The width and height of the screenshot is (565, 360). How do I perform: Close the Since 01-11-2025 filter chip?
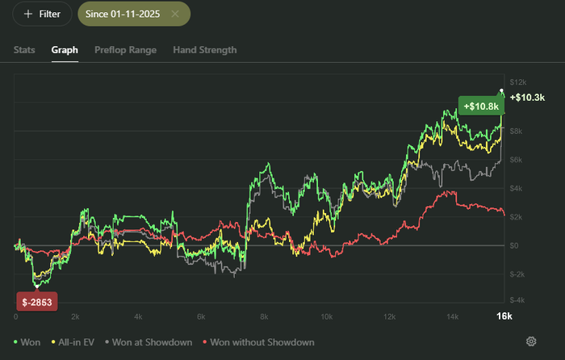(x=175, y=14)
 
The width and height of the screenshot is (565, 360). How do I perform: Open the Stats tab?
(x=24, y=50)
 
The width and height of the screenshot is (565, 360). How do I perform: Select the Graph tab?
(x=65, y=50)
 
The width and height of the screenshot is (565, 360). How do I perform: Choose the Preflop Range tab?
(x=125, y=50)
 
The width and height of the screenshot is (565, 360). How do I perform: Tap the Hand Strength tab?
(x=205, y=50)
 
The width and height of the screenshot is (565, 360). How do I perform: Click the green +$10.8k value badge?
(x=482, y=106)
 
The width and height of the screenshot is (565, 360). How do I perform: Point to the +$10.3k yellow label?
(x=526, y=97)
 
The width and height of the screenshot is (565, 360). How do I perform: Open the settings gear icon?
(x=531, y=342)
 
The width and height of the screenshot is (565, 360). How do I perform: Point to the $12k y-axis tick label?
(x=518, y=82)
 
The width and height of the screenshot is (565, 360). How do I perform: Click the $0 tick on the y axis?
(x=515, y=245)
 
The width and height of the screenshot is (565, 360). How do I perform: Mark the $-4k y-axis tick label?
(x=518, y=299)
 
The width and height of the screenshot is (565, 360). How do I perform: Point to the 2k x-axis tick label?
(x=75, y=316)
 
